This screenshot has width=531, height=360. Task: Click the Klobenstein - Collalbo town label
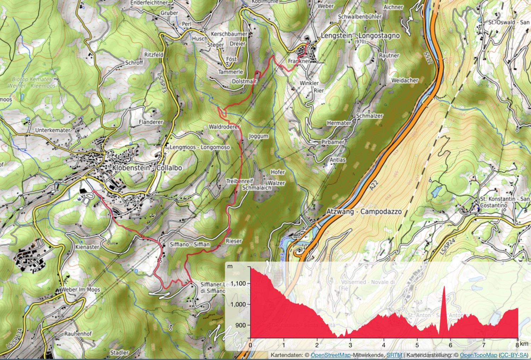click(147, 168)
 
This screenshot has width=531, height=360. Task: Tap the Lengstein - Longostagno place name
click(360, 36)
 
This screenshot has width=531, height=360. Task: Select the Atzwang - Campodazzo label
click(364, 212)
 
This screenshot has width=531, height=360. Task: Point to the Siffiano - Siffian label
click(190, 244)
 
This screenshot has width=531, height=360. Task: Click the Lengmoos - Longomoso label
click(200, 147)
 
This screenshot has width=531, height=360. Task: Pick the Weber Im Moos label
click(80, 290)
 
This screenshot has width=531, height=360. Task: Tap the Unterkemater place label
click(53, 130)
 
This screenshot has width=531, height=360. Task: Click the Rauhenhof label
click(78, 334)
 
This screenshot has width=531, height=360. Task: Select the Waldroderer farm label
click(224, 127)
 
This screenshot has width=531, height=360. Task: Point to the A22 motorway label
click(373, 185)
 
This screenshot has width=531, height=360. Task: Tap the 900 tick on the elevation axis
click(240, 325)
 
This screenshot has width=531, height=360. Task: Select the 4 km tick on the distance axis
click(384, 345)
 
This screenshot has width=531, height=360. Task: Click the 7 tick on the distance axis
click(484, 345)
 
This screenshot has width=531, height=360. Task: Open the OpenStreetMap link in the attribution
click(330, 355)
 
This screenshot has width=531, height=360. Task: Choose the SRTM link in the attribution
click(394, 355)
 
